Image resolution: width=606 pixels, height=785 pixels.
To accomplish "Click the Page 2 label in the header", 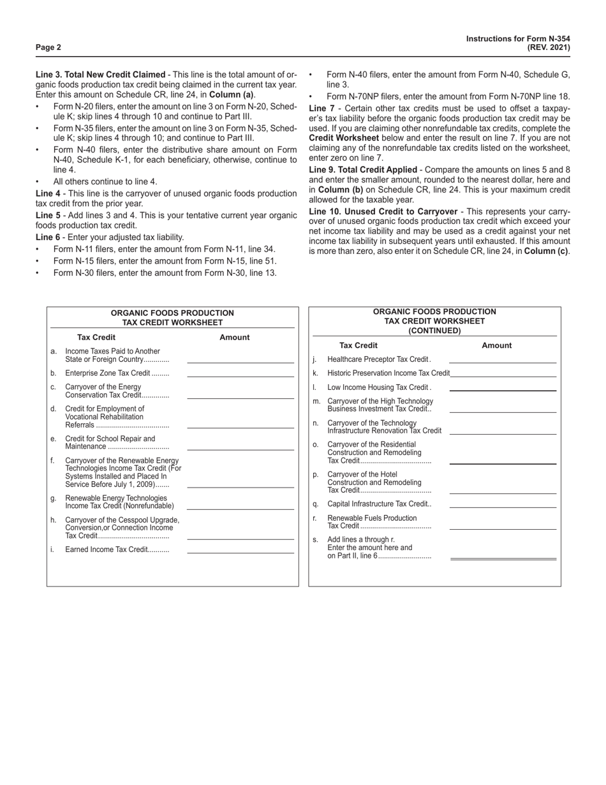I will (x=48, y=47).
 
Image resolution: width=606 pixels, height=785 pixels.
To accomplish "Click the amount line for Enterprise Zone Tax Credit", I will (x=240, y=375).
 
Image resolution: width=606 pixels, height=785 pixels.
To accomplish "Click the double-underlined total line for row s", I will (x=503, y=558).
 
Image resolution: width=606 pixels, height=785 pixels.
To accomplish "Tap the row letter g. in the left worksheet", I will (x=54, y=498).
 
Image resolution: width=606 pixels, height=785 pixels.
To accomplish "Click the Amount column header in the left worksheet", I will (x=235, y=337).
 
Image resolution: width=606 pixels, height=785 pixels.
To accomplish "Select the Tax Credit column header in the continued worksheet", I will (x=358, y=345).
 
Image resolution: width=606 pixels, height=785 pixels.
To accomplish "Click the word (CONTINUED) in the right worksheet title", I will (x=434, y=331).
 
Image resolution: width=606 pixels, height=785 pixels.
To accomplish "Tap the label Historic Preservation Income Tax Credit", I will (x=388, y=373).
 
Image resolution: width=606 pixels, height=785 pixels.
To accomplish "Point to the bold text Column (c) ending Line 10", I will (x=547, y=251).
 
